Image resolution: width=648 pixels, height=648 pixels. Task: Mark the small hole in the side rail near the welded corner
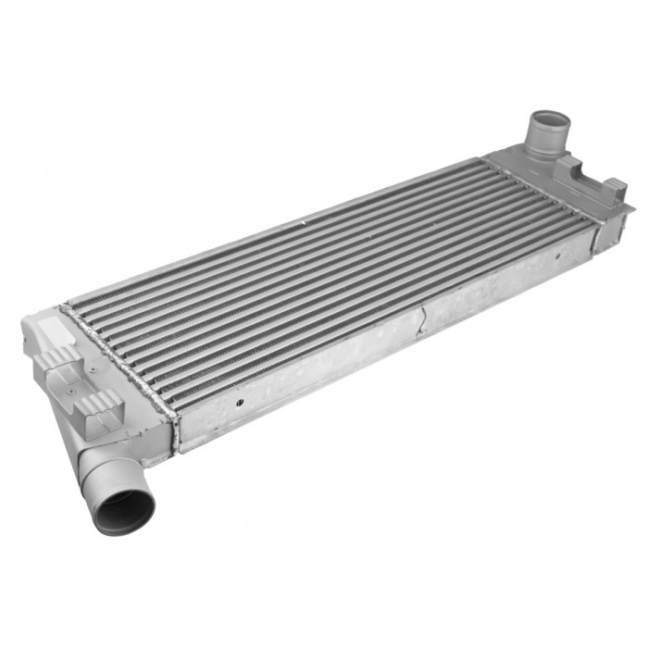click(x=239, y=403)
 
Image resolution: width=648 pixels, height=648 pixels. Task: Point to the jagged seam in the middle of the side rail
click(x=421, y=319)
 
